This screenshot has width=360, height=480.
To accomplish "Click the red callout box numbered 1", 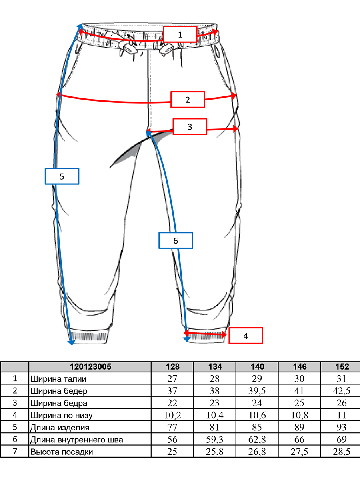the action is pyautogui.click(x=180, y=34).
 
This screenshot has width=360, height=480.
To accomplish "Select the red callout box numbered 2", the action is pyautogui.click(x=188, y=100).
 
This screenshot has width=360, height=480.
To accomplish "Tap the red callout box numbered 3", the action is pyautogui.click(x=190, y=127).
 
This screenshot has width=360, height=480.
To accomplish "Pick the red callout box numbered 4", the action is pyautogui.click(x=246, y=336).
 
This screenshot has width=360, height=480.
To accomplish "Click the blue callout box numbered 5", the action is pyautogui.click(x=62, y=176).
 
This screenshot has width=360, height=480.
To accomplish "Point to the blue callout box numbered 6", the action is pyautogui.click(x=176, y=240).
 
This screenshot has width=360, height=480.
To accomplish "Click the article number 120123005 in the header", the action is pyautogui.click(x=90, y=366).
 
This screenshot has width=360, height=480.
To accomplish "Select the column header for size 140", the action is pyautogui.click(x=257, y=366).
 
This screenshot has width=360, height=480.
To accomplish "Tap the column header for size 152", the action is pyautogui.click(x=342, y=366).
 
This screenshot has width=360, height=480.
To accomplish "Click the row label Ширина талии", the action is pyautogui.click(x=58, y=379).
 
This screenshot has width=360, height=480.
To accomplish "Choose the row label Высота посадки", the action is pyautogui.click(x=62, y=452).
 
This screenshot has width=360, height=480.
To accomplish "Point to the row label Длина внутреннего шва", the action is pyautogui.click(x=77, y=440).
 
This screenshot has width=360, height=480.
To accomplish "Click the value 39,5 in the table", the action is pyautogui.click(x=257, y=391).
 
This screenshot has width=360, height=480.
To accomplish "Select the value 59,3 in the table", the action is pyautogui.click(x=214, y=440).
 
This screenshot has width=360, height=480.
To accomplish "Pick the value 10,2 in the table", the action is pyautogui.click(x=172, y=415).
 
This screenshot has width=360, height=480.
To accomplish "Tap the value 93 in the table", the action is pyautogui.click(x=342, y=427).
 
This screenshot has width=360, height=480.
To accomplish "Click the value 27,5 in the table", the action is pyautogui.click(x=299, y=452).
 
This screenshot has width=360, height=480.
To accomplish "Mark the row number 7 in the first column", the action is pyautogui.click(x=15, y=451).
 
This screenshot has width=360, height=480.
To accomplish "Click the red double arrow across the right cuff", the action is pyautogui.click(x=205, y=334).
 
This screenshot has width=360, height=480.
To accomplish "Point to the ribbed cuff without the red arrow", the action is pyautogui.click(x=88, y=336).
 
